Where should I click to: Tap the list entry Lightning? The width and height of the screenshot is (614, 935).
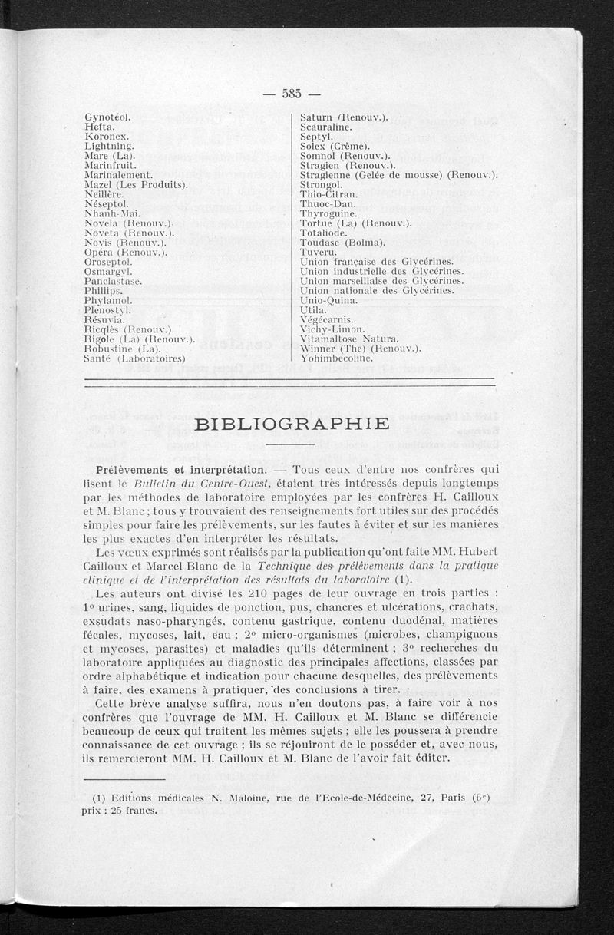coord(110,145)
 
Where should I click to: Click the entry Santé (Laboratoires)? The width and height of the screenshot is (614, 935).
coord(136,357)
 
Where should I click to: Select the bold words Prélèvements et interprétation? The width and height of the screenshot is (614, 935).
coord(181,467)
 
